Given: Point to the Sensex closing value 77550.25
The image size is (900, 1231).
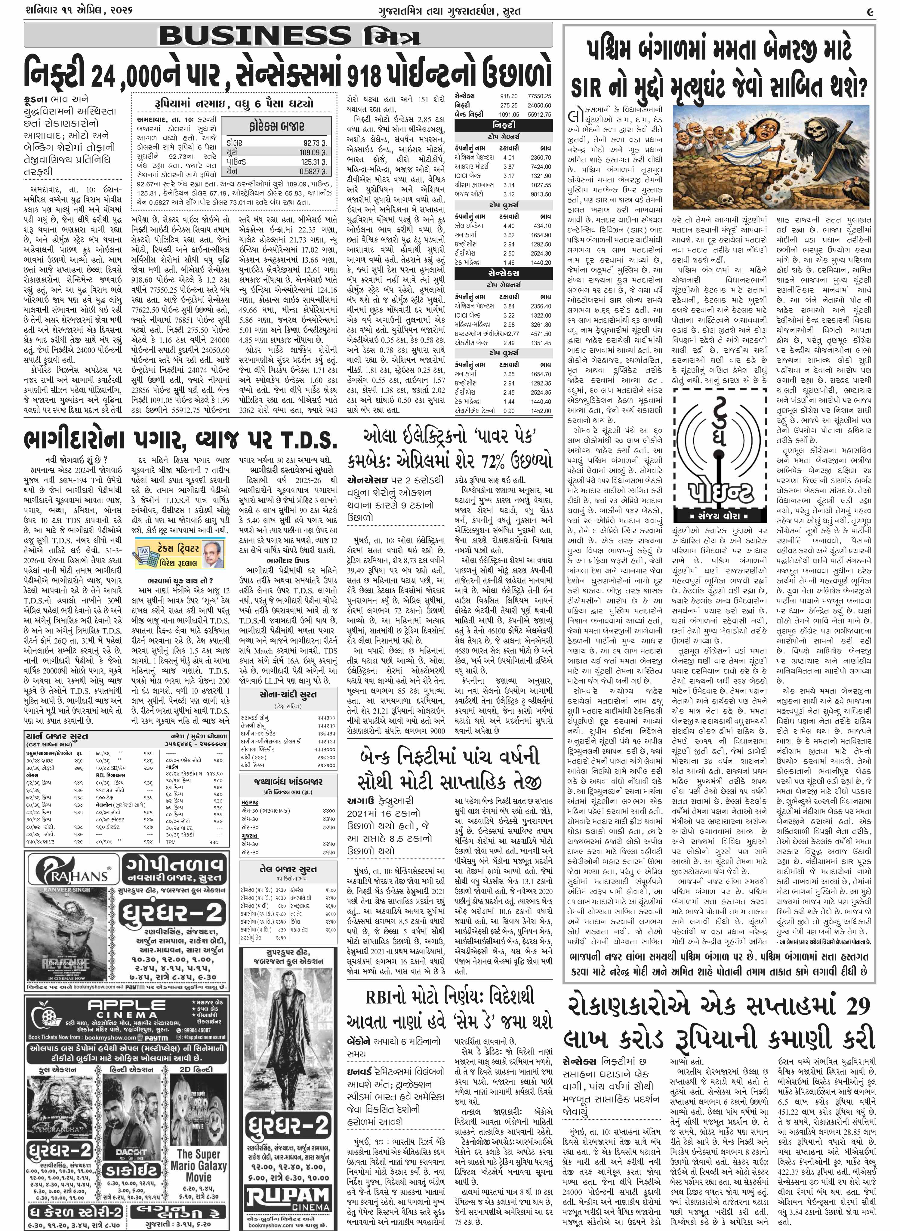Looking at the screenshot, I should coord(539,96).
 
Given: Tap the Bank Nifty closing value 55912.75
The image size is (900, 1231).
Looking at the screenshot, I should coord(539,115).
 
